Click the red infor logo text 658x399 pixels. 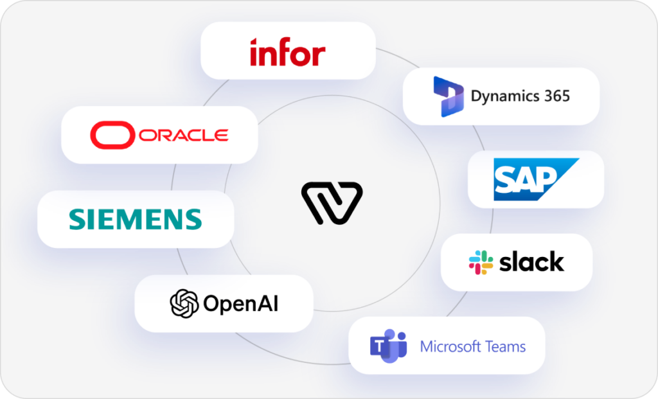(x=287, y=52)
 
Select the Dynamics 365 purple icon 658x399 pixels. (x=449, y=96)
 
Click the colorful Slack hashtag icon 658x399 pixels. (x=481, y=262)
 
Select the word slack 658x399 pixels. (x=531, y=262)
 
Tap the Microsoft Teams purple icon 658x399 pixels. (x=388, y=346)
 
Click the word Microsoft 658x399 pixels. (x=450, y=347)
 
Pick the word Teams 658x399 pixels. (x=505, y=347)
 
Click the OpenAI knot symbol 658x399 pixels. (x=184, y=303)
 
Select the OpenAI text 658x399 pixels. (x=241, y=303)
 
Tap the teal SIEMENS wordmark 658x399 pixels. (x=135, y=219)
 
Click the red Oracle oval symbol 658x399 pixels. (x=112, y=135)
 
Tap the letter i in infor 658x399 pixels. (x=254, y=52)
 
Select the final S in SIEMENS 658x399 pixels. (x=192, y=219)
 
